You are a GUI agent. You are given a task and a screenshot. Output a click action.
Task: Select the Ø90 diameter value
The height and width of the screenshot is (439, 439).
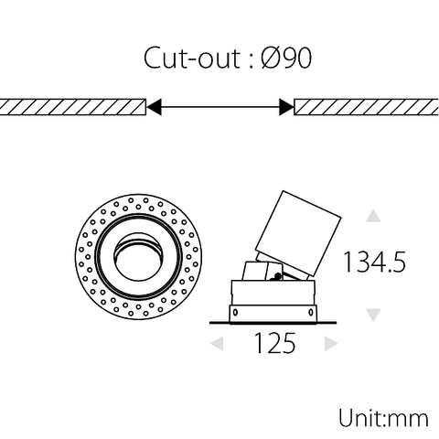point(286,59)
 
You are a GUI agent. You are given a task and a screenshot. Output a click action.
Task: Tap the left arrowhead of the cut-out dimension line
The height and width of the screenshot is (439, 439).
point(155,107)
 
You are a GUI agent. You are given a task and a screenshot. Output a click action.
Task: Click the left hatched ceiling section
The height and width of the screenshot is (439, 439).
point(73,107)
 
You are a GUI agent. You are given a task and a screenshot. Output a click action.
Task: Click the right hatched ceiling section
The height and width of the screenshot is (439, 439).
point(366,107)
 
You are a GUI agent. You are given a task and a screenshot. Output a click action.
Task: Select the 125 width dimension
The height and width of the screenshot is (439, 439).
point(274,344)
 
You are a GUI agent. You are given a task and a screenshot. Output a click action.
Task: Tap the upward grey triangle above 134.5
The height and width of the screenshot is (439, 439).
point(372,217)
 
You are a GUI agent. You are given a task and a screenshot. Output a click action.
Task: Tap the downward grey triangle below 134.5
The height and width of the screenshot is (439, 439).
point(372,315)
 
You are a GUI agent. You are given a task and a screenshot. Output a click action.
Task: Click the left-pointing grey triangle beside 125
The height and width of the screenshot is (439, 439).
point(217,344)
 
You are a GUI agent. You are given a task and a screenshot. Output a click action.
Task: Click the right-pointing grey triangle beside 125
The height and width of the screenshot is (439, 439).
point(331,344)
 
